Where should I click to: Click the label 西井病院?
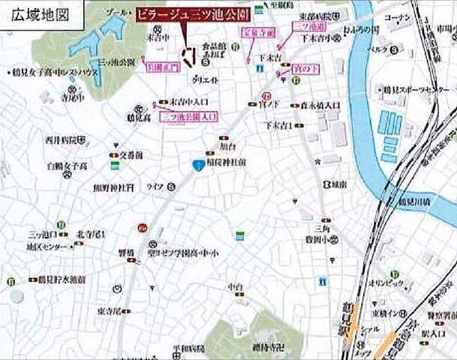pyautogui.click(x=62, y=139)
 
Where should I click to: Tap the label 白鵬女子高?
pyautogui.click(x=66, y=165)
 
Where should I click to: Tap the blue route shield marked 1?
pyautogui.click(x=196, y=165)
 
